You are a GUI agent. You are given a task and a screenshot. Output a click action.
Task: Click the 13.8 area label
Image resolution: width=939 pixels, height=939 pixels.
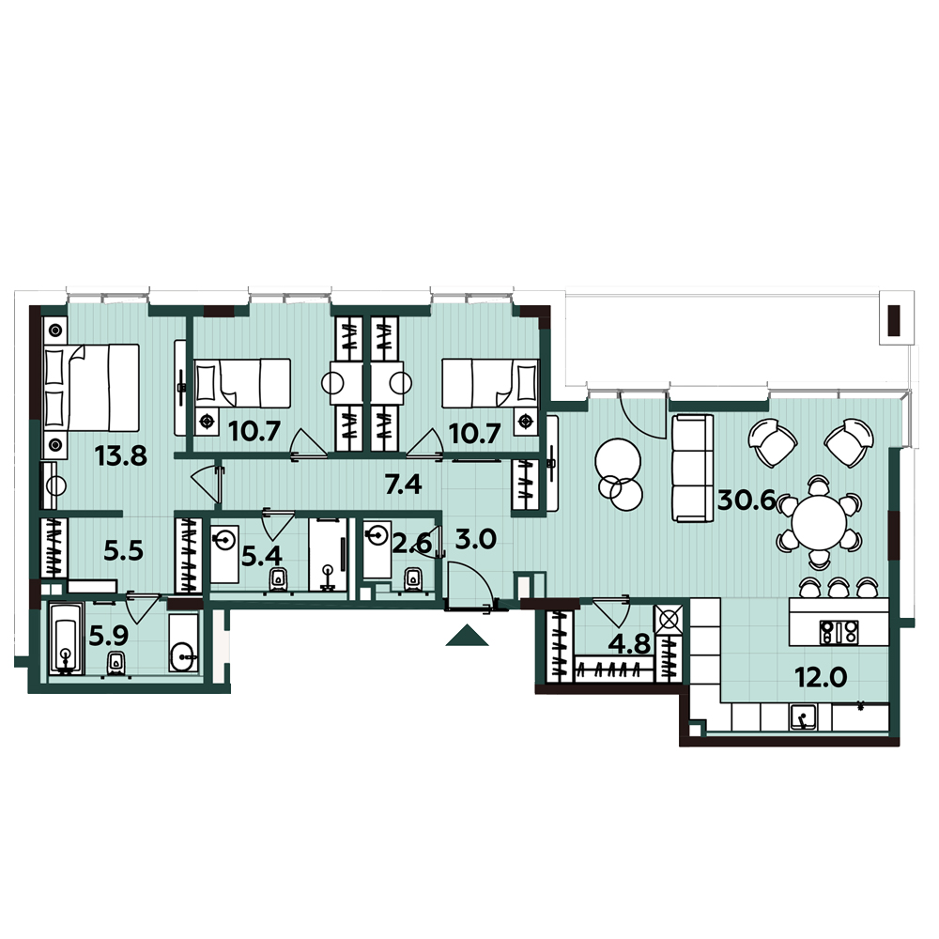point(121,456)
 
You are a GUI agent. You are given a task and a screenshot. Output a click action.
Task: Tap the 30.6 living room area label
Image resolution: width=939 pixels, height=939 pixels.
point(747,500)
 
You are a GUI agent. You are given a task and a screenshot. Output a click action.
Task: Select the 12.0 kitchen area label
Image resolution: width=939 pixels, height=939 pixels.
point(821,678)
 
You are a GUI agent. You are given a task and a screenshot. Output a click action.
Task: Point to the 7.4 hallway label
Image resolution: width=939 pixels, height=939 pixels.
point(404,484)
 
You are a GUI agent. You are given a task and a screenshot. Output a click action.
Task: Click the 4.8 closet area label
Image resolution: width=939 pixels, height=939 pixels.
point(629,644)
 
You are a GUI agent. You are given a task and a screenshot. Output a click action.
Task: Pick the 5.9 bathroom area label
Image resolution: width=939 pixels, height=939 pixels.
point(108,636)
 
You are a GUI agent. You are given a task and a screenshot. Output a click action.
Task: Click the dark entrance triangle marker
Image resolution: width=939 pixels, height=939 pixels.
point(467,636)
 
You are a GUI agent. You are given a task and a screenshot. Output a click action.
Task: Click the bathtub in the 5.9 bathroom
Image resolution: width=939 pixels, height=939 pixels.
point(66,639)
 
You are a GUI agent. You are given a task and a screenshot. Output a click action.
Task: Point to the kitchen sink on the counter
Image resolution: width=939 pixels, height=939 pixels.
point(803,717)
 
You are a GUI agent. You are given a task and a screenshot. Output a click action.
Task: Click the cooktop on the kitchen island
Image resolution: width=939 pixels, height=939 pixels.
point(839,632)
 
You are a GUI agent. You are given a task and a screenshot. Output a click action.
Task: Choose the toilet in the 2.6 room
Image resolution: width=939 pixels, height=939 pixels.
point(412,579)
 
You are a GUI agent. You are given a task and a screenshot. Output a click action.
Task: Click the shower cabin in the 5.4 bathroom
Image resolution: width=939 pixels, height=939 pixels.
point(328,555)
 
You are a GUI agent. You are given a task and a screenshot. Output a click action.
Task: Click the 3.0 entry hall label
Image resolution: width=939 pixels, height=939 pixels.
point(475,539)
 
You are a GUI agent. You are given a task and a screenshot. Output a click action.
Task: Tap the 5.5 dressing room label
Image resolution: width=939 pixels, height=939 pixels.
point(123,551)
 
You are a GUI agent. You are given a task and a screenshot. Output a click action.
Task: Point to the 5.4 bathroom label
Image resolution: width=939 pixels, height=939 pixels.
point(261,556)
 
